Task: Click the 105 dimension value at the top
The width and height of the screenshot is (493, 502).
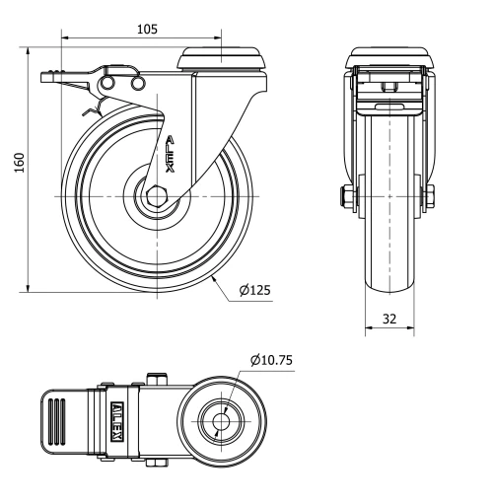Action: (x=146, y=29)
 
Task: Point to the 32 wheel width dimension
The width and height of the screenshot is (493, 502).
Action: (x=391, y=320)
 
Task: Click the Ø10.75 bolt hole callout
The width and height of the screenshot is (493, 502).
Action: (x=271, y=360)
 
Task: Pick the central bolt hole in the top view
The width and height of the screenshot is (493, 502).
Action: (x=219, y=422)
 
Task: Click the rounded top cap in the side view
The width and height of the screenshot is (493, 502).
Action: (x=222, y=59)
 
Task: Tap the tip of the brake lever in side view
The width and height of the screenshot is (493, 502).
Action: (x=46, y=75)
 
